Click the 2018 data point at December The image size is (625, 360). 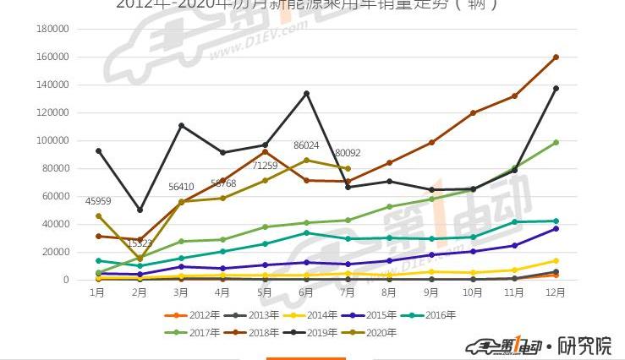(556, 57)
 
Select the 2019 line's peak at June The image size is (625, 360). (306, 93)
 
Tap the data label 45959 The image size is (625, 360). (98, 201)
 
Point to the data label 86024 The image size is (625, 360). (306, 145)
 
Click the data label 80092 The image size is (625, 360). (348, 154)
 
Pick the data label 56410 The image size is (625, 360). (181, 187)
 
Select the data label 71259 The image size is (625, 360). (265, 166)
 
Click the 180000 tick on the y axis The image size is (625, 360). (52, 29)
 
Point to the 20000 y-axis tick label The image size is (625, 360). (55, 252)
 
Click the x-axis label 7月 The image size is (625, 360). (348, 292)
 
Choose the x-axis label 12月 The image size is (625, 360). (556, 292)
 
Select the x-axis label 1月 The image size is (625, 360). (98, 292)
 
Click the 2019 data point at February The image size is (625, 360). (140, 210)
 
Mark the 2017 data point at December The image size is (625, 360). (556, 143)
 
